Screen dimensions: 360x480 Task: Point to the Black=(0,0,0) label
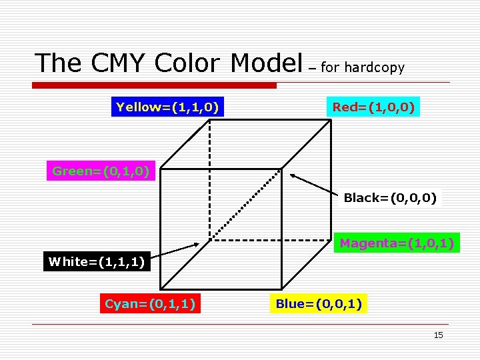point(390,198)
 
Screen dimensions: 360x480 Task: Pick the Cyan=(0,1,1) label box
point(149,304)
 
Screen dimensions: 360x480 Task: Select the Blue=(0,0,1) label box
point(319,304)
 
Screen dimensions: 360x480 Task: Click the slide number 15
point(438,335)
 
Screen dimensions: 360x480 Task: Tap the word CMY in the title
point(119,63)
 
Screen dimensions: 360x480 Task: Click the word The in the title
point(58,63)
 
